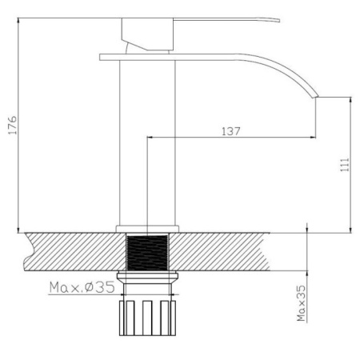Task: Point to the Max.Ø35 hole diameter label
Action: tap(83, 286)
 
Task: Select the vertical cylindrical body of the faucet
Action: tap(147, 144)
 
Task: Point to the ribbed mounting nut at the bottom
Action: tap(147, 318)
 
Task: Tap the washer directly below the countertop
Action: tap(147, 276)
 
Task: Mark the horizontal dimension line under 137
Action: tap(232, 137)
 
